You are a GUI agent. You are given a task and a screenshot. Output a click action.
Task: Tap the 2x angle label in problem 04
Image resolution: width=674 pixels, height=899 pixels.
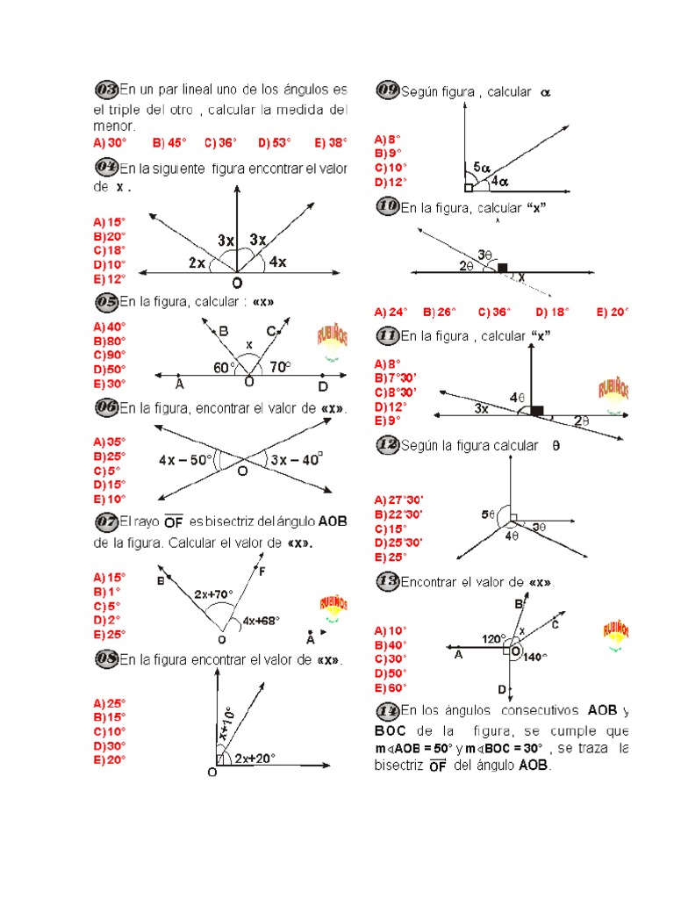(x=197, y=263)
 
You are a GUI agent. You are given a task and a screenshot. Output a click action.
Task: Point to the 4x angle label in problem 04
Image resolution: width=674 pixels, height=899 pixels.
(x=276, y=262)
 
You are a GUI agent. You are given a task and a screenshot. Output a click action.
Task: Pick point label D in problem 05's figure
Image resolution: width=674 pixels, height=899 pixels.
(x=322, y=385)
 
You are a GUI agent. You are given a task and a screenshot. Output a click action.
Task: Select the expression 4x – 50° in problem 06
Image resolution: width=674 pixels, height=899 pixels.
(x=187, y=459)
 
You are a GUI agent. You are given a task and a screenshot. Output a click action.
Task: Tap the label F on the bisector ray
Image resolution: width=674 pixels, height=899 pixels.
(x=262, y=572)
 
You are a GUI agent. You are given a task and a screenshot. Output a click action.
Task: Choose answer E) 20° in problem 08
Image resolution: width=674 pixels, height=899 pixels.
(x=109, y=760)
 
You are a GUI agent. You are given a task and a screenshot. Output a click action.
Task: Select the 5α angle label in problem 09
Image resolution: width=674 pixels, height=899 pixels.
(x=482, y=166)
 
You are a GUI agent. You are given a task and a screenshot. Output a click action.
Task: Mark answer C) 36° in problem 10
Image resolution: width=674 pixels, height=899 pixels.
(x=497, y=312)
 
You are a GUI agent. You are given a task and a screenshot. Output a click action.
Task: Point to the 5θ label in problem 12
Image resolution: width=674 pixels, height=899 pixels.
(x=488, y=514)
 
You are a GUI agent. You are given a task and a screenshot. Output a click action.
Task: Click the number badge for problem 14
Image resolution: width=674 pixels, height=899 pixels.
(x=387, y=709)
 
